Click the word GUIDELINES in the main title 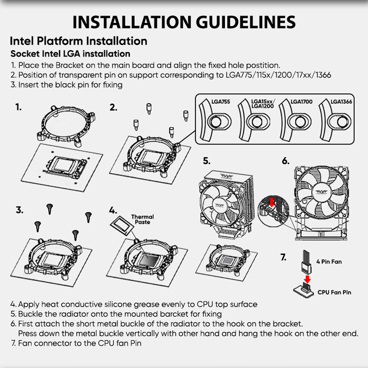pos(245,22)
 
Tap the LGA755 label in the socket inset pos(220,102)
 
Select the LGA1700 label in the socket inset pos(302,102)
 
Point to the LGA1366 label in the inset pos(341,102)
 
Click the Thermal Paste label pos(142,219)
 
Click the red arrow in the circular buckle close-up pos(272,202)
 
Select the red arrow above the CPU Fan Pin pos(307,279)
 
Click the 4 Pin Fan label pos(329,262)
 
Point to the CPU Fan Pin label pos(334,292)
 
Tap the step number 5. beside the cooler pos(206,161)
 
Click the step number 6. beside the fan pos(286,161)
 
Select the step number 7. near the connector pos(283,257)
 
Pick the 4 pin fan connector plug pos(306,262)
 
